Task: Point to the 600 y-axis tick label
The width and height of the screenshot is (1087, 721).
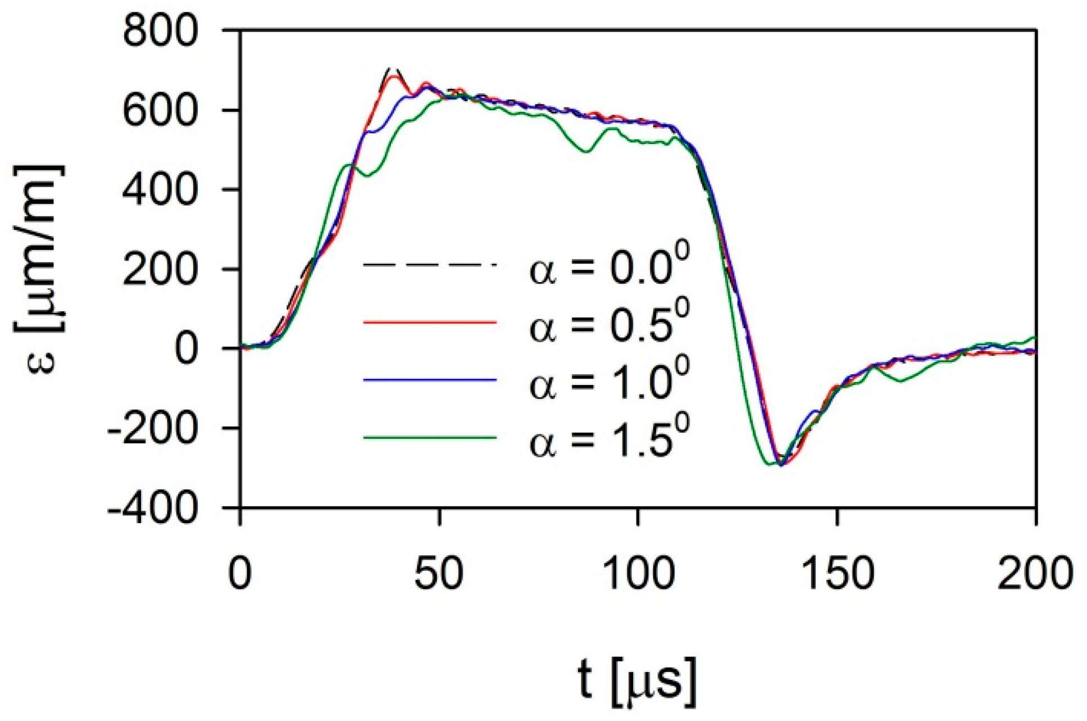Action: click(x=160, y=110)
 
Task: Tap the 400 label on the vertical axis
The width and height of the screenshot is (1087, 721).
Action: click(x=160, y=189)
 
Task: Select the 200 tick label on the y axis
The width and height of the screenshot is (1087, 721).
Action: click(x=160, y=269)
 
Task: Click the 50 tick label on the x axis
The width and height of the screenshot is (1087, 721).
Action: click(x=439, y=573)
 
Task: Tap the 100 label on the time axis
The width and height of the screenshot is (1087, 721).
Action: click(x=638, y=573)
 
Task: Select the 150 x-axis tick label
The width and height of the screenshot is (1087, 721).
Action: click(x=838, y=573)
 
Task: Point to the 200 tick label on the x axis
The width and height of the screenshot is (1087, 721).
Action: click(x=1035, y=573)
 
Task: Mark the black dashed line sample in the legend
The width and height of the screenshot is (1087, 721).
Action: click(x=430, y=264)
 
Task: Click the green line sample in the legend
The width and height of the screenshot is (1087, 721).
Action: click(x=430, y=437)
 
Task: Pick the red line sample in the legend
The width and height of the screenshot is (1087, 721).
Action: click(x=430, y=323)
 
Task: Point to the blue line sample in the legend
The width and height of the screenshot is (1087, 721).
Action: click(x=430, y=380)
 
